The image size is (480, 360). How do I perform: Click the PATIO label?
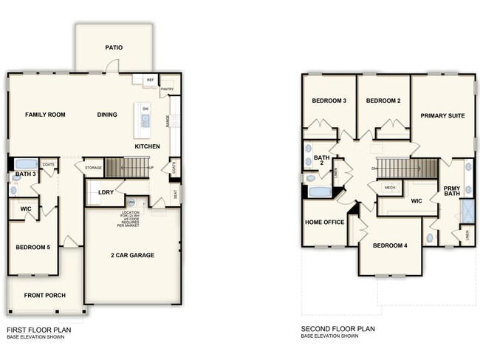click(113, 48)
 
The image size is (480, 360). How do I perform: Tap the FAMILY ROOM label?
click(46, 115)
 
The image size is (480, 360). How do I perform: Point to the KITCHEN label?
click(147, 147)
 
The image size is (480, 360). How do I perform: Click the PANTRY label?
click(167, 89)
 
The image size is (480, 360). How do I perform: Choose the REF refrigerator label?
click(150, 80)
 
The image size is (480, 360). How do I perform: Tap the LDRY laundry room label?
click(106, 192)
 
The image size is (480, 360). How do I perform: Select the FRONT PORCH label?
click(45, 296)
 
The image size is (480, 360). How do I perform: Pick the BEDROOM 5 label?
click(33, 247)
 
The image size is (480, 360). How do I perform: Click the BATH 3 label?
click(26, 175)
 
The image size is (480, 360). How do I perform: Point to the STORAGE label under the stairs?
click(93, 168)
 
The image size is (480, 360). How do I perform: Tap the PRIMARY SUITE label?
click(442, 115)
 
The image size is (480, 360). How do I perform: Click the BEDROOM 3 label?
click(329, 101)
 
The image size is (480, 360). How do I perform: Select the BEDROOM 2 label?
click(383, 101)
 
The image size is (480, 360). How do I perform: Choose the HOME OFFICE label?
click(325, 222)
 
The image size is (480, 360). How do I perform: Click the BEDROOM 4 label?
click(390, 245)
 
